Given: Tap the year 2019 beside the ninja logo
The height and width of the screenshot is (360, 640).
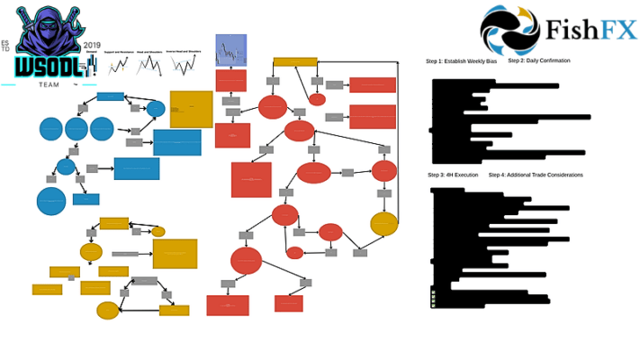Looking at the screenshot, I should pyautogui.click(x=91, y=44).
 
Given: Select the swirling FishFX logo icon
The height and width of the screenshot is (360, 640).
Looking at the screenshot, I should pyautogui.click(x=509, y=31).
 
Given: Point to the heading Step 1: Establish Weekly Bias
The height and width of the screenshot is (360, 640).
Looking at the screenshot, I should pyautogui.click(x=461, y=61).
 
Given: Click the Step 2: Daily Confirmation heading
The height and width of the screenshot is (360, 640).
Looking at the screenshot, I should pyautogui.click(x=538, y=60).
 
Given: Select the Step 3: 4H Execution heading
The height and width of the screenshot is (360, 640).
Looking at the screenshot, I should pyautogui.click(x=454, y=175).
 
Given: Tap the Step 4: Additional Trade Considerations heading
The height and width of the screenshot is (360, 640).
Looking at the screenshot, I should pyautogui.click(x=536, y=175).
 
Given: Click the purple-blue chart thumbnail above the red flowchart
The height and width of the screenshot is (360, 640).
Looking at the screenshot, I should pyautogui.click(x=230, y=50).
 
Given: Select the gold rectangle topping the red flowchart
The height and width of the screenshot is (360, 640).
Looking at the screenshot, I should pyautogui.click(x=294, y=62).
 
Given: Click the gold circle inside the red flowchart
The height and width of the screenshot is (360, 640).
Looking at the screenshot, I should pyautogui.click(x=383, y=224).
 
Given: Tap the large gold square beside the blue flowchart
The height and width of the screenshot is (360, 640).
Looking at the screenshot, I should pyautogui.click(x=191, y=109).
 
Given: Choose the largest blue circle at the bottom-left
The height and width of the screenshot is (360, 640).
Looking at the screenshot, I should pyautogui.click(x=51, y=202).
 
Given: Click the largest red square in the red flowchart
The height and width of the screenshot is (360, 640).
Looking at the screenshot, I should pyautogui.click(x=251, y=179).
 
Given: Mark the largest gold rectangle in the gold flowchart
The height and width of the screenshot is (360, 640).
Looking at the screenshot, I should pyautogui.click(x=175, y=254).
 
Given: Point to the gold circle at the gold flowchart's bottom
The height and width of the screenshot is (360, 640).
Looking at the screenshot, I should pyautogui.click(x=108, y=310).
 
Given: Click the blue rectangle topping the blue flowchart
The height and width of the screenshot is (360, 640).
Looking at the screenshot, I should pyautogui.click(x=110, y=96).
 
